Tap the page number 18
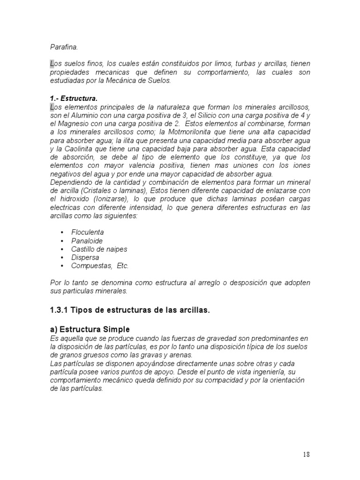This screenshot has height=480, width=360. coord(306,454)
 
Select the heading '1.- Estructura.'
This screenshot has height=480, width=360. coord(74,98)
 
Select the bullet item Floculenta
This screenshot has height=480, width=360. coord(88,232)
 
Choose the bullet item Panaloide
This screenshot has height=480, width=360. coord(87,240)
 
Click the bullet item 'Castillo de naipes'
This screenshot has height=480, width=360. coord(99,249)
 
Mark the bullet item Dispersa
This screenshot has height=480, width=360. coord(85,257)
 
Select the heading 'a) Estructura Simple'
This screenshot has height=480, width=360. coord(90,330)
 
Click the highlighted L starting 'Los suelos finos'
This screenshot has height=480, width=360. coord(52,64)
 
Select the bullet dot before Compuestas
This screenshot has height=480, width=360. coord(62,266)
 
